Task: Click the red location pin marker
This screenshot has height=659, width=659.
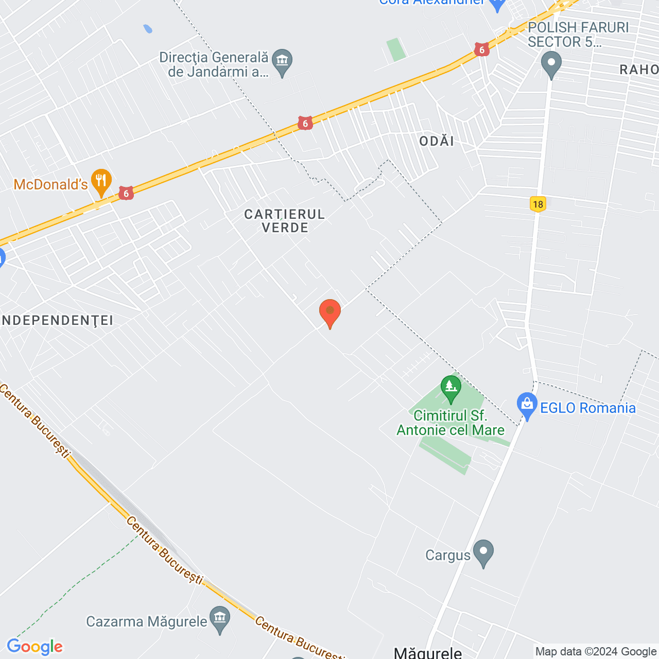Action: coord(329,313)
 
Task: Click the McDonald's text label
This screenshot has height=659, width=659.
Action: coord(50,184)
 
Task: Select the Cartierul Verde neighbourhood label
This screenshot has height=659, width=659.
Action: coord(285,221)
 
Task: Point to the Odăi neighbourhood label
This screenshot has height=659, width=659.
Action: coord(437,141)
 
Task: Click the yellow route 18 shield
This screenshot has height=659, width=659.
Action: coord(538,204)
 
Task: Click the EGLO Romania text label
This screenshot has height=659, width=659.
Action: coord(587,408)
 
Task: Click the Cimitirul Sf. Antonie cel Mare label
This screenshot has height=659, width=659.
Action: coord(450,423)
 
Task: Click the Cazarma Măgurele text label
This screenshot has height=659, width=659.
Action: coord(147,621)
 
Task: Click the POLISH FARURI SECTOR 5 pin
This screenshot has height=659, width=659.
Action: coord(551,65)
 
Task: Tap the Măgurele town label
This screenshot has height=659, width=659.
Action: coord(427,652)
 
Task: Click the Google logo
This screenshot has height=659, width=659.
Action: coord(35,647)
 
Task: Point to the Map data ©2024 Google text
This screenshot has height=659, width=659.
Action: coord(596,652)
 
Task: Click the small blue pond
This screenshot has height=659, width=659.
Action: coord(148,29)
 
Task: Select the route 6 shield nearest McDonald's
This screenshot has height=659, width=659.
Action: coord(126,194)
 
